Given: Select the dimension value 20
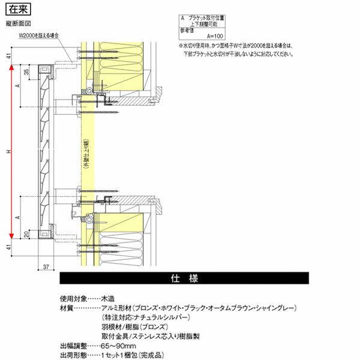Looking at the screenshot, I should point(25,235).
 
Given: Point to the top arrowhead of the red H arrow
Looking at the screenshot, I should point(12,68).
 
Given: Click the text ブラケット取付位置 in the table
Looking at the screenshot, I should point(208,19).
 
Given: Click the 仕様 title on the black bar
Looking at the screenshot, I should point(184,279).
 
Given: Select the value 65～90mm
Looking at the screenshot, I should point(119,346).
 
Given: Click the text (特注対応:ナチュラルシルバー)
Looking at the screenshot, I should point(146,317).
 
